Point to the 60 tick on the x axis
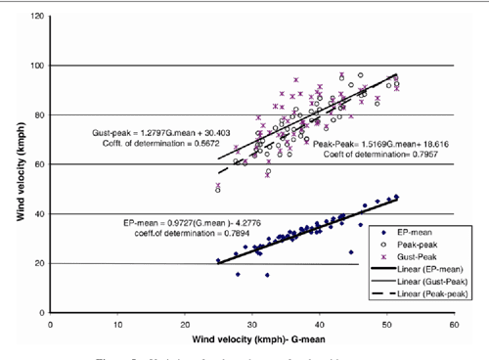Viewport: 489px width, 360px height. [x=452, y=322]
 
